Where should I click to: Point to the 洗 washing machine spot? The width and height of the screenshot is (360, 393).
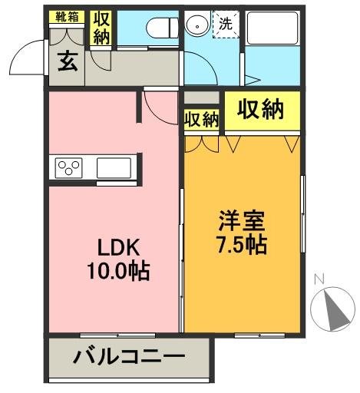coord(226,24)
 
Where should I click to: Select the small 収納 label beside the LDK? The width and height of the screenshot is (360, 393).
coord(202,119)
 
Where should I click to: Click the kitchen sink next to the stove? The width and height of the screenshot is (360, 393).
coord(116,167)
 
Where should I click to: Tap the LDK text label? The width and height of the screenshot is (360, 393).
coord(117,248)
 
